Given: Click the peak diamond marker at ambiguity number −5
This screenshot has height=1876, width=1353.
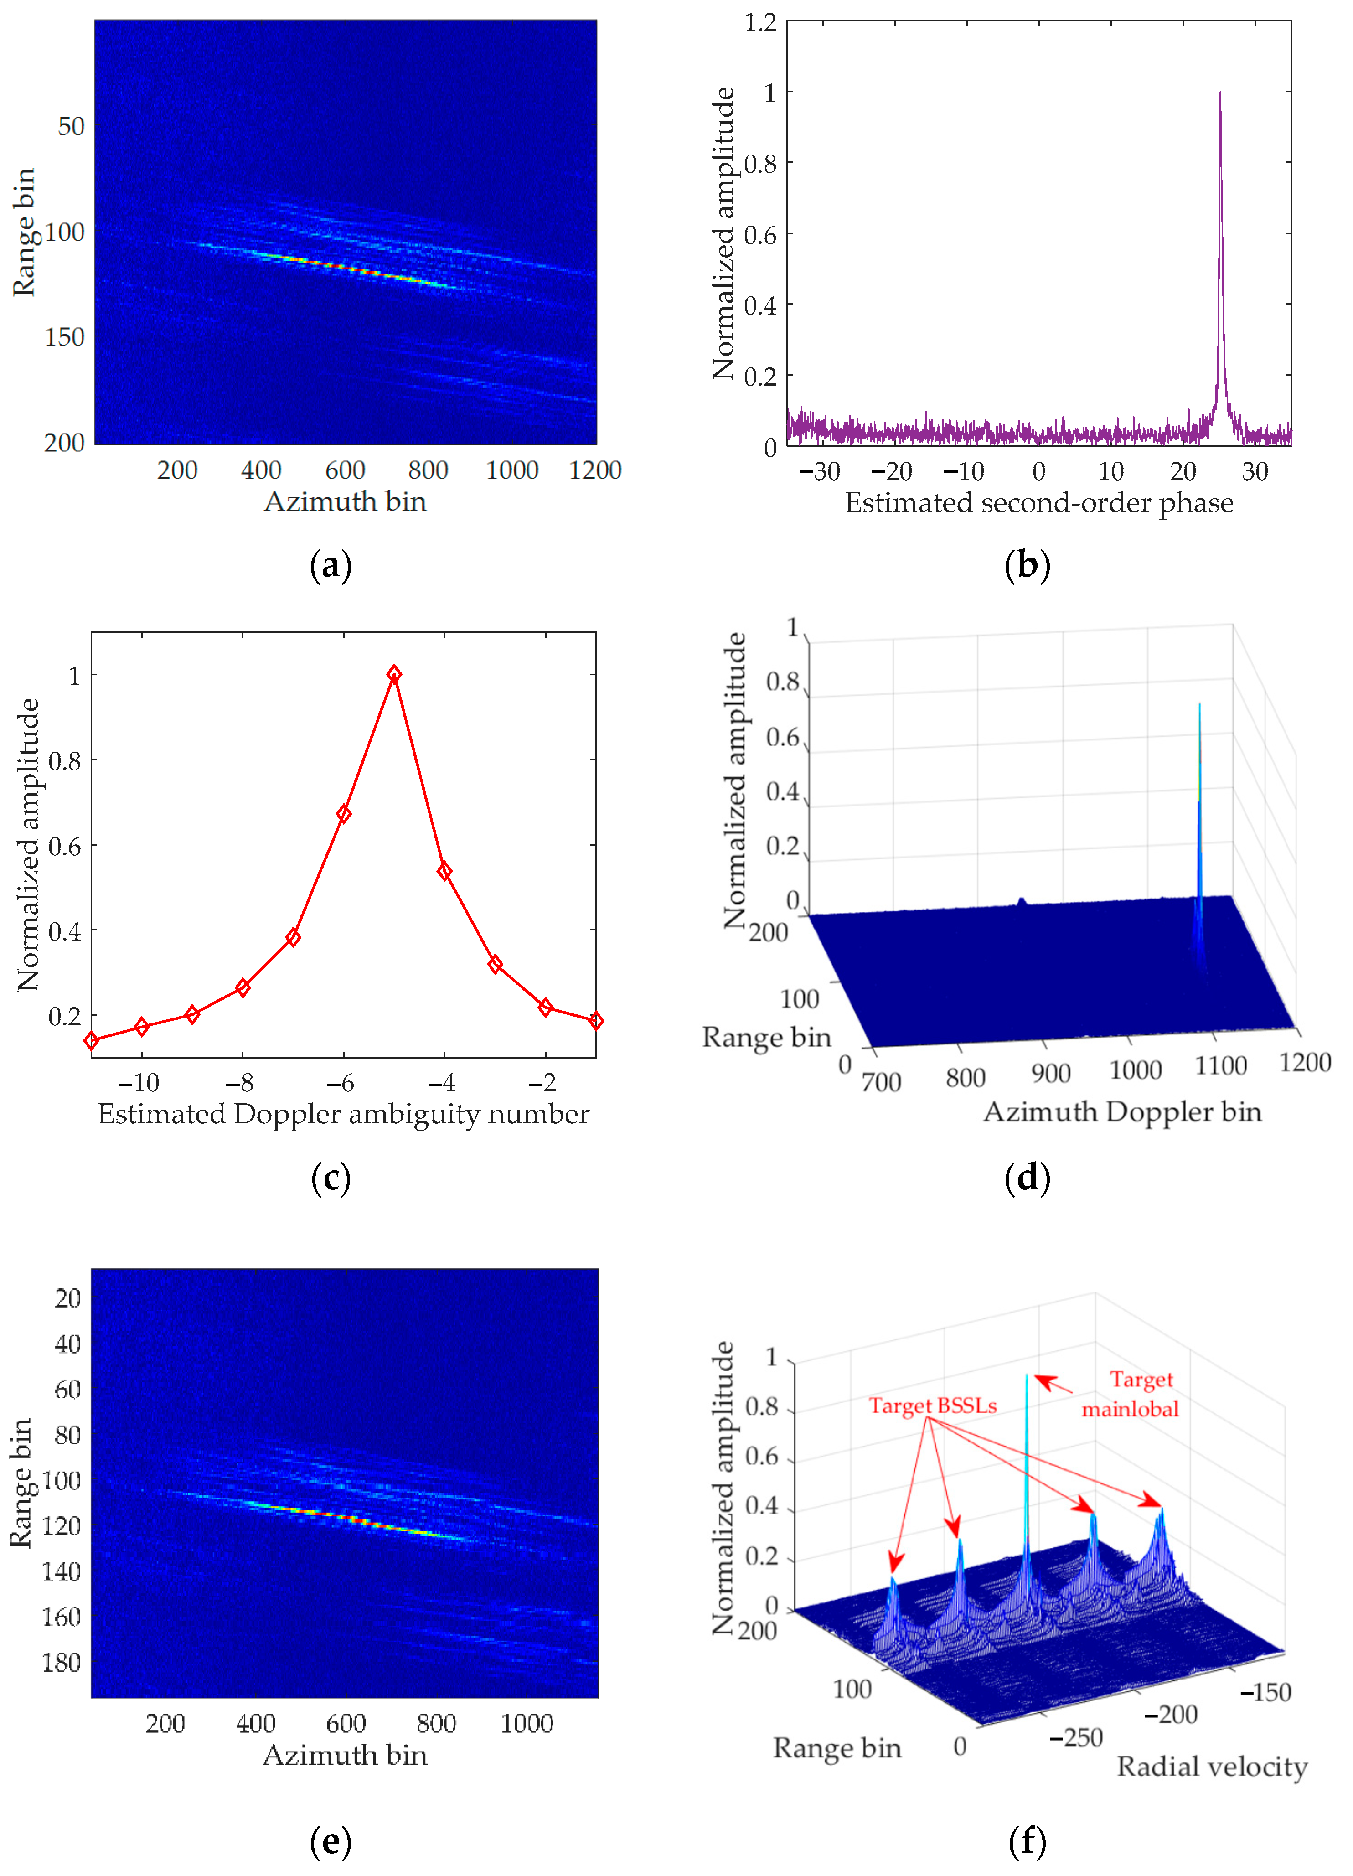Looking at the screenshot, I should click(x=394, y=674).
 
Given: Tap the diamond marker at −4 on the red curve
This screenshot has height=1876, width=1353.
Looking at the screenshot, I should click(x=444, y=871).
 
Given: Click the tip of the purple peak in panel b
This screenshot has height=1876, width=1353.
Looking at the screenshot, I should click(x=1220, y=93).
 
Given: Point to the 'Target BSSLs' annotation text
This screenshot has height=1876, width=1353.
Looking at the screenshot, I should click(x=932, y=1406).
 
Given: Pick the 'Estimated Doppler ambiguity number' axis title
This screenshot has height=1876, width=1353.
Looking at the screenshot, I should click(x=343, y=1114).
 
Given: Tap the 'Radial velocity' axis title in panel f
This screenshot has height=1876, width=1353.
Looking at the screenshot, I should click(x=1212, y=1767).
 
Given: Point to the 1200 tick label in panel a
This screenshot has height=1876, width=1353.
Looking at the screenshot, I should click(x=594, y=470).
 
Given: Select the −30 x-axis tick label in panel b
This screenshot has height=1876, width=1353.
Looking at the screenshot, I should click(x=820, y=471).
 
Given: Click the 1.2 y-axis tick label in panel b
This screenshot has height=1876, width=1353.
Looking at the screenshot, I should click(x=760, y=22).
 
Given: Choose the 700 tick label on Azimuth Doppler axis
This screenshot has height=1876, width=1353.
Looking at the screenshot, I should click(x=881, y=1081).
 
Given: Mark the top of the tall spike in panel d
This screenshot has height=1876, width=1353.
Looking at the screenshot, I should click(x=1199, y=705).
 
